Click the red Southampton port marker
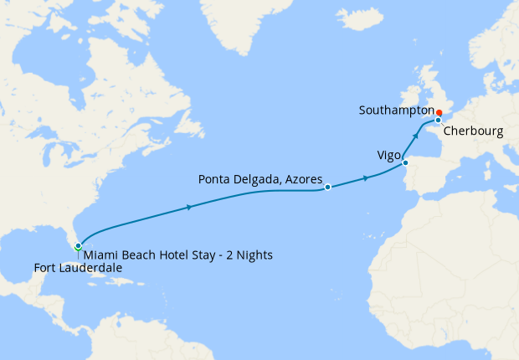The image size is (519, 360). click(x=439, y=112)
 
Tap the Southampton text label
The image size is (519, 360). click(x=395, y=111)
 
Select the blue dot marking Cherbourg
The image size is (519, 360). click(x=438, y=121)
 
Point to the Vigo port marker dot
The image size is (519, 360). click(x=406, y=163)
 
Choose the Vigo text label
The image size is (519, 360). click(x=388, y=155)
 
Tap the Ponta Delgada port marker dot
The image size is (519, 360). click(x=328, y=188)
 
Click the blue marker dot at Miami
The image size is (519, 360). click(x=78, y=246)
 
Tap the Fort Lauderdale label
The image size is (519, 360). click(x=78, y=268)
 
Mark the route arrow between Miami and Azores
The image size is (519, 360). click(x=191, y=207)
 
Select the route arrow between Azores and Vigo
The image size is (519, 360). click(x=366, y=178)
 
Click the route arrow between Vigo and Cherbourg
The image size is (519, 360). click(x=415, y=136)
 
